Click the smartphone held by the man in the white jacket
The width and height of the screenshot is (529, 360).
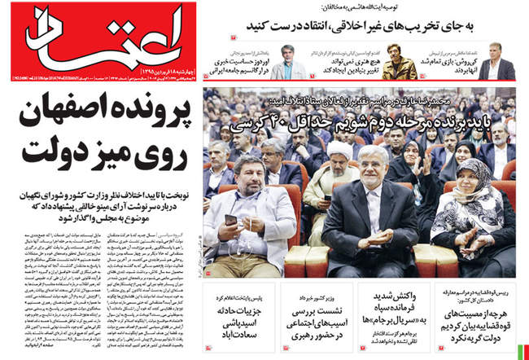tap(230, 219)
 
